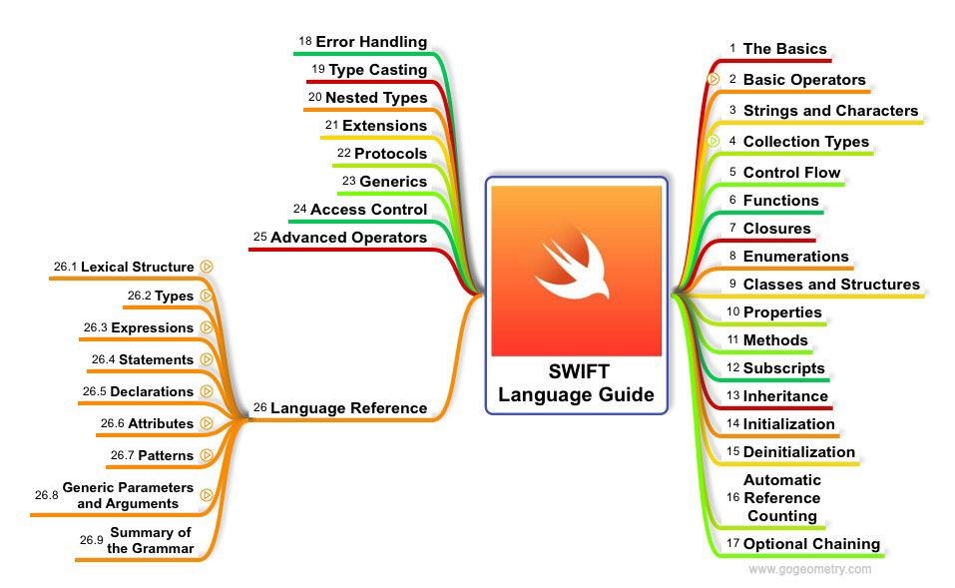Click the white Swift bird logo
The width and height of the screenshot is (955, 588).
(x=576, y=267)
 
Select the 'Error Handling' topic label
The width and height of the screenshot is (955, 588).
(x=371, y=42)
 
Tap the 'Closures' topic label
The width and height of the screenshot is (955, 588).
(x=776, y=229)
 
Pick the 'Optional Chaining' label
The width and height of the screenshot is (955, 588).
(x=811, y=544)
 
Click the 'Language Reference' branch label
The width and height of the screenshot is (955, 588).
(x=348, y=408)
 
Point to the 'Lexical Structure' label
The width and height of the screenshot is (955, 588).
(x=137, y=267)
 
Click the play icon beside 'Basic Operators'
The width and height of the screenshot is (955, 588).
(x=714, y=79)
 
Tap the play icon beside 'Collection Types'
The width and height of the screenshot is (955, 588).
(x=714, y=141)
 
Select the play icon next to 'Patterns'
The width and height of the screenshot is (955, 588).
(x=207, y=455)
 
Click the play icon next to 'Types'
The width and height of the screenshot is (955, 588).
(x=207, y=295)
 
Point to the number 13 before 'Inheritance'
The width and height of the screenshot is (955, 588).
(x=732, y=395)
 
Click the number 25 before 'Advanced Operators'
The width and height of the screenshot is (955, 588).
(x=259, y=238)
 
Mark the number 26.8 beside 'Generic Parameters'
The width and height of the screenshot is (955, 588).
(x=46, y=495)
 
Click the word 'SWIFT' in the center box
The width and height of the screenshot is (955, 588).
(x=576, y=372)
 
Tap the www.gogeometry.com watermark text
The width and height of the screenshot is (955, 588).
(x=809, y=570)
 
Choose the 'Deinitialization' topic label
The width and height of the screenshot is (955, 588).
(x=798, y=452)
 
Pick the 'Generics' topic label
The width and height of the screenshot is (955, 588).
(x=393, y=182)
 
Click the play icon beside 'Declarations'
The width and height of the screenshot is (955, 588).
(x=207, y=391)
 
